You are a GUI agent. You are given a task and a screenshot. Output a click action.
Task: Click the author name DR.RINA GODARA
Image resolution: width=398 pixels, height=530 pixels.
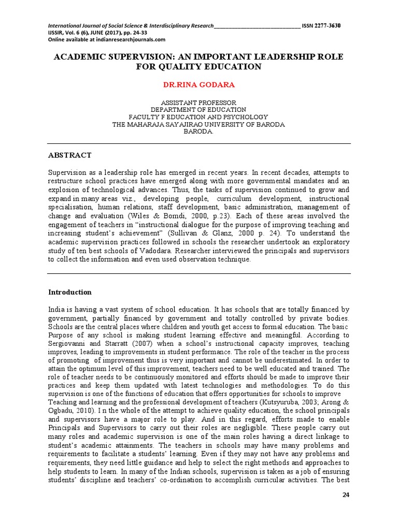[198, 84]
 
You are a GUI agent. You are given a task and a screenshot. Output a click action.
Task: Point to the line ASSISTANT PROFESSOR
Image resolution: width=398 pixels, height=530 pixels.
[198, 102]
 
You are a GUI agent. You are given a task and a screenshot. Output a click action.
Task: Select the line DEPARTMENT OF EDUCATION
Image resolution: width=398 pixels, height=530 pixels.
[198, 110]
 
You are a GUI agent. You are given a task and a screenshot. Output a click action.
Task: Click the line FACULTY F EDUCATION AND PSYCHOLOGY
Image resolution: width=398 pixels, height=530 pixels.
[198, 117]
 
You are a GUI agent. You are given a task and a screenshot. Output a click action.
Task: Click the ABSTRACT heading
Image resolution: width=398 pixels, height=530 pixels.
[70, 155]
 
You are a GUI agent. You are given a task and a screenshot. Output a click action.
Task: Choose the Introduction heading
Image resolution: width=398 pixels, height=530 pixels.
[70, 292]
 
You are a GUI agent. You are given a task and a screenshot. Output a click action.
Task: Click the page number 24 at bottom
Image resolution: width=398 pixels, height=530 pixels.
[347, 495]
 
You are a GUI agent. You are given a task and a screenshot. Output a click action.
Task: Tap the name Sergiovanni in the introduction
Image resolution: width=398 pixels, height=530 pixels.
[69, 344]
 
